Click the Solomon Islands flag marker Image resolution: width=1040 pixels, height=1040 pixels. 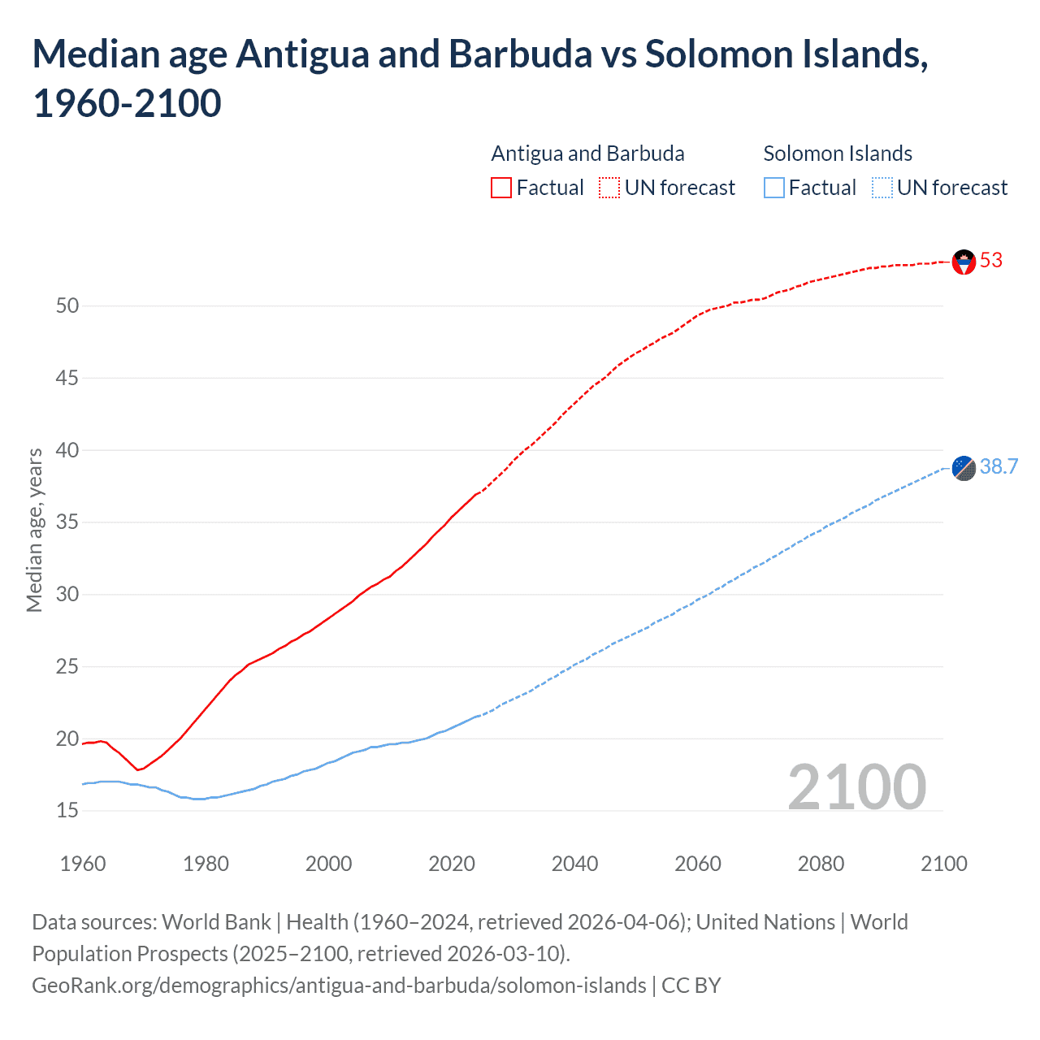pyautogui.click(x=964, y=468)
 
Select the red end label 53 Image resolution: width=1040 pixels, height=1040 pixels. pyautogui.click(x=991, y=260)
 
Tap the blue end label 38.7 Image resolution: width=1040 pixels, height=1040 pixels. pyautogui.click(x=999, y=466)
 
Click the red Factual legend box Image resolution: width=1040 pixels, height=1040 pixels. pyautogui.click(x=501, y=188)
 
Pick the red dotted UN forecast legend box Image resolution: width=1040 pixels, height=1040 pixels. pyautogui.click(x=609, y=188)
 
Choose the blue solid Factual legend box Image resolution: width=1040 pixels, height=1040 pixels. pyautogui.click(x=773, y=188)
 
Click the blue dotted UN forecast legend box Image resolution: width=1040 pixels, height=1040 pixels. pyautogui.click(x=882, y=188)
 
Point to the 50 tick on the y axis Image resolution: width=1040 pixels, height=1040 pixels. pyautogui.click(x=67, y=306)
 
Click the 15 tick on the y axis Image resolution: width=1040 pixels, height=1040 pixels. pyautogui.click(x=67, y=811)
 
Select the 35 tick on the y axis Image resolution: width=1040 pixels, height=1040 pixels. pyautogui.click(x=67, y=522)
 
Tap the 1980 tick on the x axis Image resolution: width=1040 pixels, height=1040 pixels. pyautogui.click(x=206, y=864)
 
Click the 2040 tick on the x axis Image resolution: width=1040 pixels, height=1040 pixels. pyautogui.click(x=574, y=864)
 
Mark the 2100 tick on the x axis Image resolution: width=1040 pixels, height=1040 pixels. pyautogui.click(x=943, y=864)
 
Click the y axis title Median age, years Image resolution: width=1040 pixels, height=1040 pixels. pyautogui.click(x=34, y=530)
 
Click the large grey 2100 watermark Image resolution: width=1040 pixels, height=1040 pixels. pyautogui.click(x=856, y=786)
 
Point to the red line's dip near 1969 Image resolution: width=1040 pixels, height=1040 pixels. pyautogui.click(x=138, y=769)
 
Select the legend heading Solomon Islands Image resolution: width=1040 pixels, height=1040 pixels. pyautogui.click(x=838, y=154)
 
